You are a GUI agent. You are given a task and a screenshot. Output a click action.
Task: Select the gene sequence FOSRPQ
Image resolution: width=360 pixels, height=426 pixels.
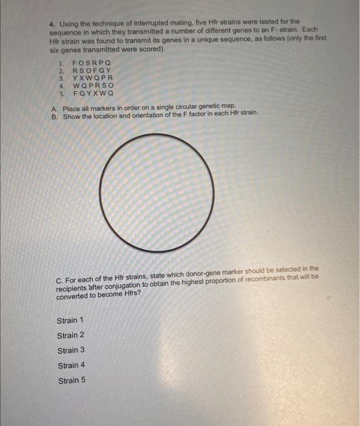point(93,63)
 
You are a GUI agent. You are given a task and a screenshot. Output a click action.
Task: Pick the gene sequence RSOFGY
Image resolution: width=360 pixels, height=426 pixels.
point(93,71)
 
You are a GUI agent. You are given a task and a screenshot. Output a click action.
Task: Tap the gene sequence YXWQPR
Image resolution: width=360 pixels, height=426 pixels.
point(93,79)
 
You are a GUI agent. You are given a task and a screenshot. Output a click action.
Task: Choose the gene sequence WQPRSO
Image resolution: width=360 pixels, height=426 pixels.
point(93,86)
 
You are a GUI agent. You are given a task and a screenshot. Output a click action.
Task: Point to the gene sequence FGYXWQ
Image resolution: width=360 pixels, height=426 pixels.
point(93,94)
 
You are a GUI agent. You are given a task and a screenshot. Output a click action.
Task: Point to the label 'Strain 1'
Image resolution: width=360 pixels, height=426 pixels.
point(71,320)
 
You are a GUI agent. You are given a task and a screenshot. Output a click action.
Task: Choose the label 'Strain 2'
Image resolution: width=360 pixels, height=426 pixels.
point(71,335)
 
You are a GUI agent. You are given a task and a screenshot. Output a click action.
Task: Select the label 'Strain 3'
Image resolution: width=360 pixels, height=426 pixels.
point(71,350)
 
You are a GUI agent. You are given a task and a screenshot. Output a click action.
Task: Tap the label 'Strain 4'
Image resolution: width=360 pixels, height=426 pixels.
point(71,365)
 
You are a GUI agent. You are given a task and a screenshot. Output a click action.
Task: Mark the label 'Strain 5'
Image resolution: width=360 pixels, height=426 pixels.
point(71,380)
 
